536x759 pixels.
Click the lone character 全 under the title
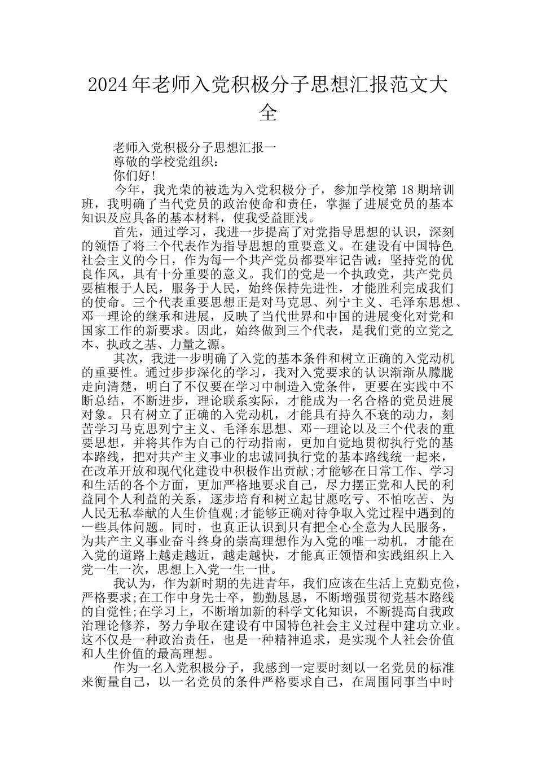click(x=267, y=113)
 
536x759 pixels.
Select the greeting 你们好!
click(x=134, y=176)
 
